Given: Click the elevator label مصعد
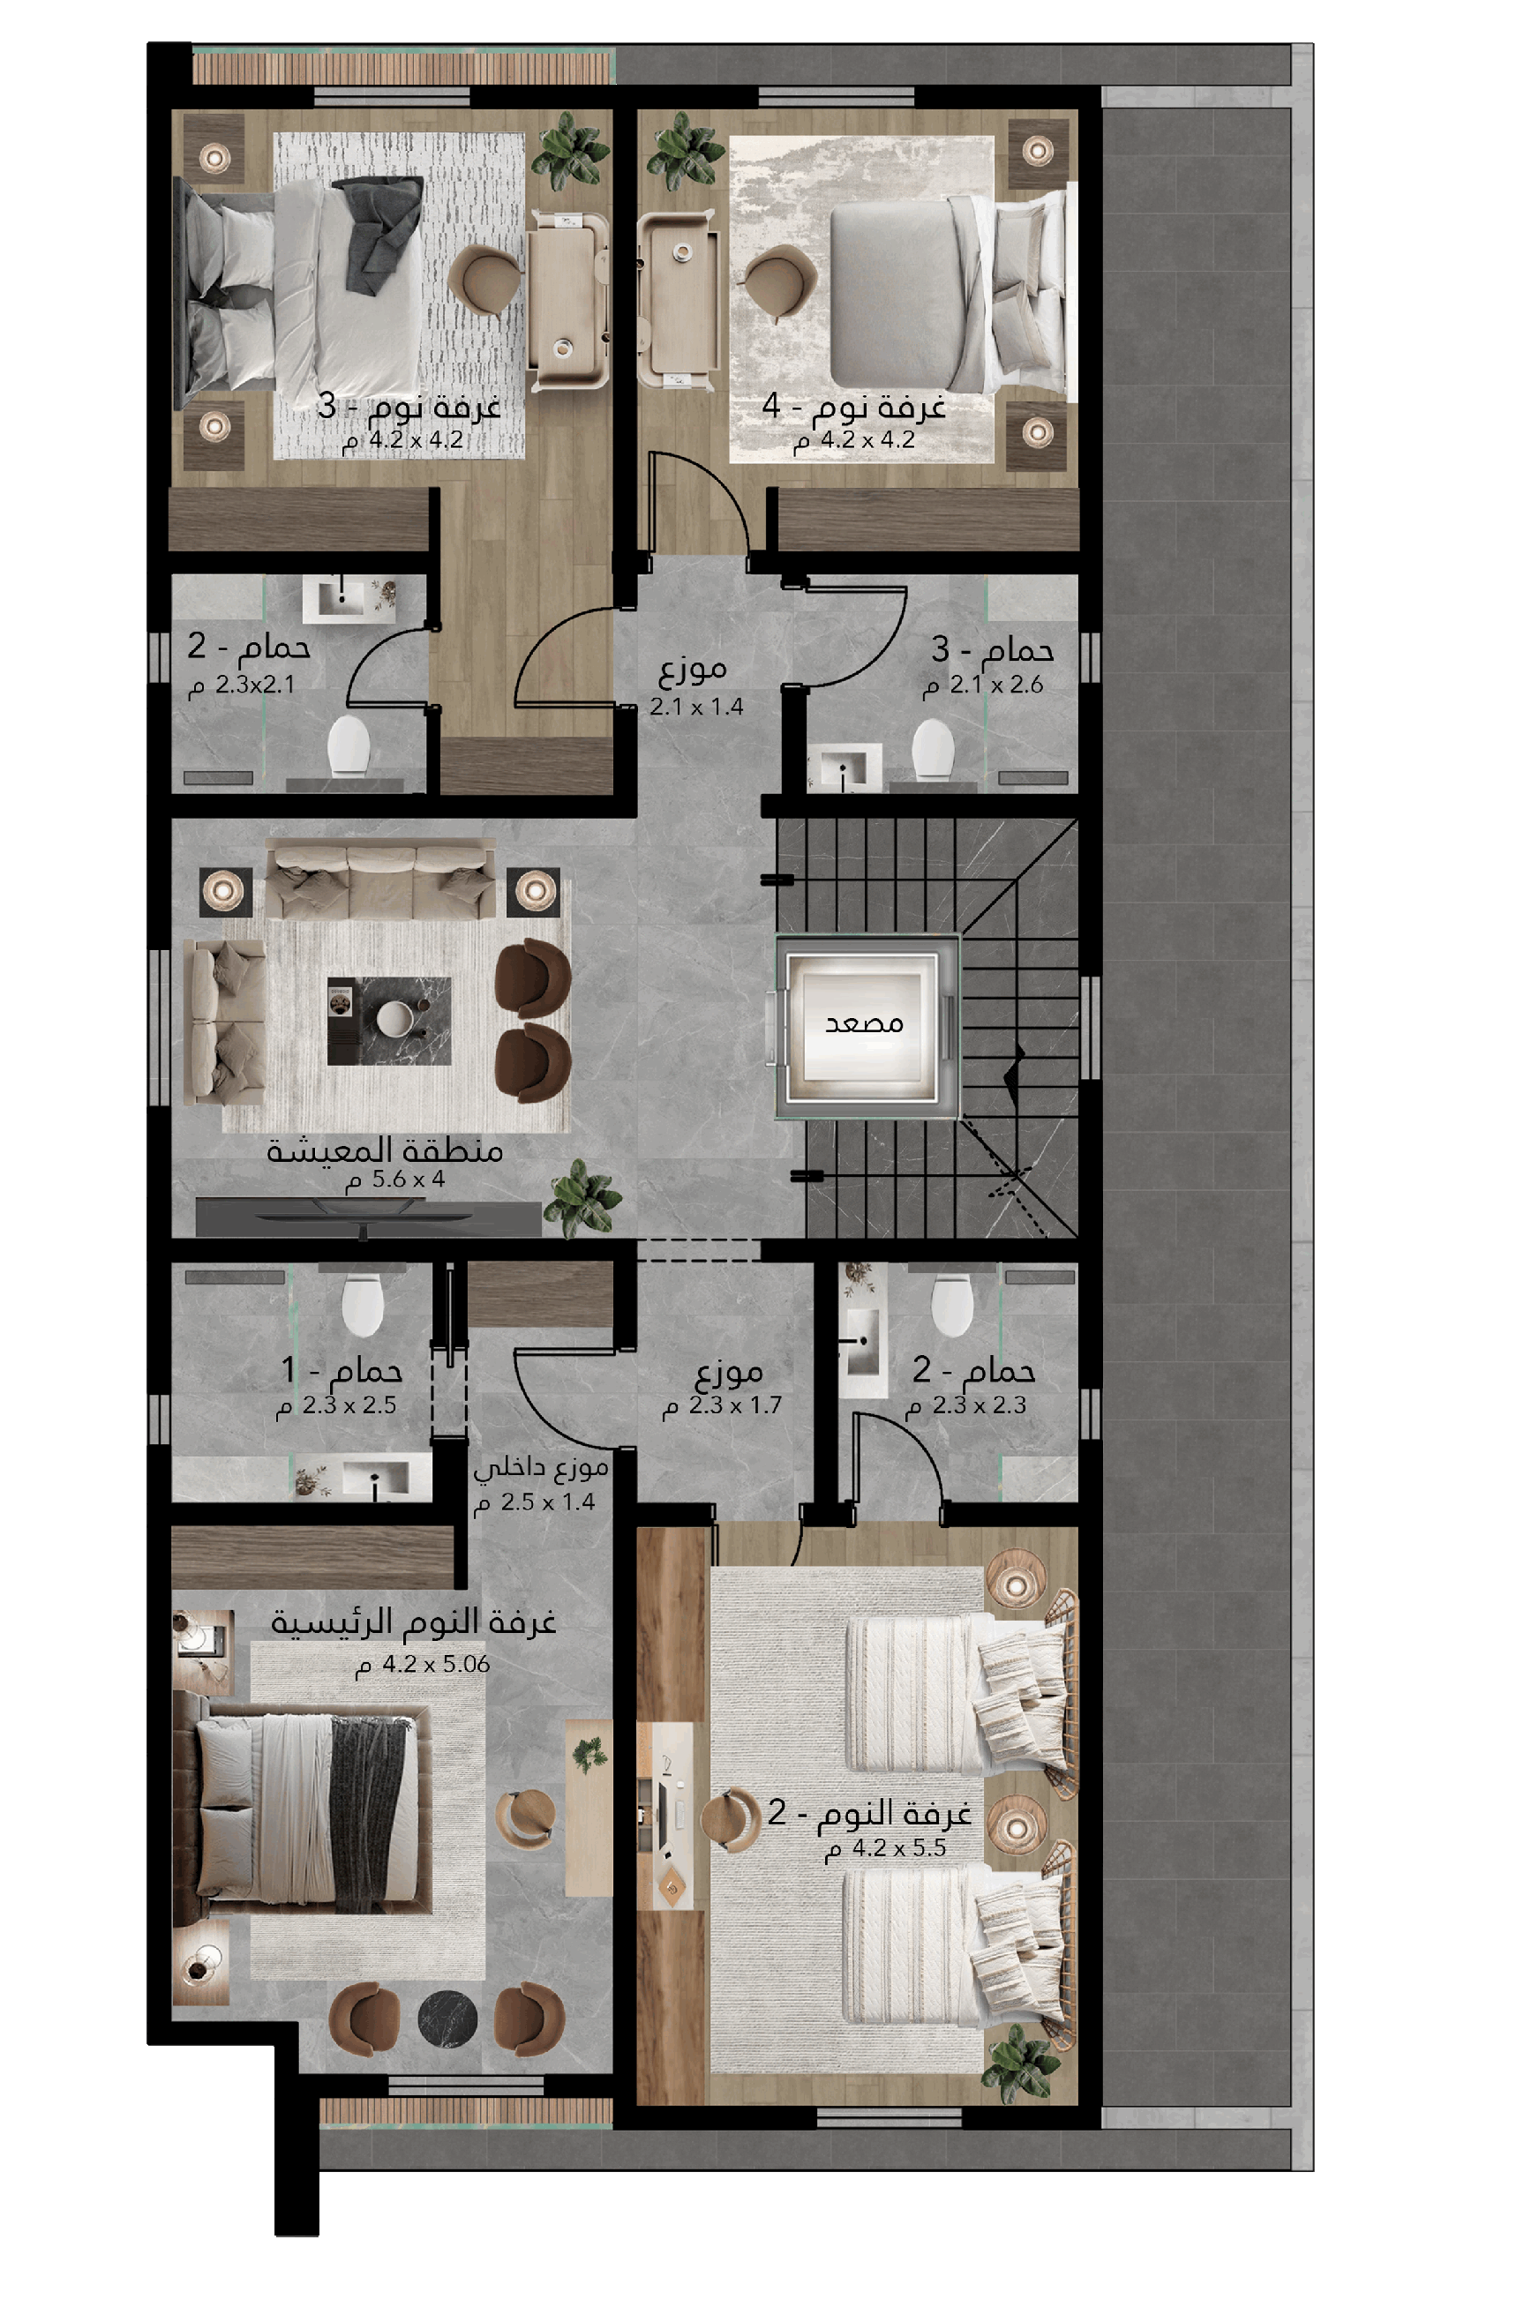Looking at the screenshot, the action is [x=864, y=1022].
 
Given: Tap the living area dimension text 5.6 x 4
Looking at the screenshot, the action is [x=395, y=1180].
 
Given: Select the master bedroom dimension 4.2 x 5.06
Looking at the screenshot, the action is [x=423, y=1664].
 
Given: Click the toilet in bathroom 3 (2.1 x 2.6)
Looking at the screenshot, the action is [x=933, y=750].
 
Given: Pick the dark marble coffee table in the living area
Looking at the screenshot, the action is [x=390, y=1021].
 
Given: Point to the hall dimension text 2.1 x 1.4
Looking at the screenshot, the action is [x=697, y=707].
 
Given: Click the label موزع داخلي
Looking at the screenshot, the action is [x=541, y=1468].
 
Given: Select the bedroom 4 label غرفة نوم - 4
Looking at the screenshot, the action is [x=854, y=405].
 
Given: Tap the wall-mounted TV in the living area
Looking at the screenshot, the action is [x=368, y=1218].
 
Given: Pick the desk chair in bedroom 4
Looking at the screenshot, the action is [x=780, y=281].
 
